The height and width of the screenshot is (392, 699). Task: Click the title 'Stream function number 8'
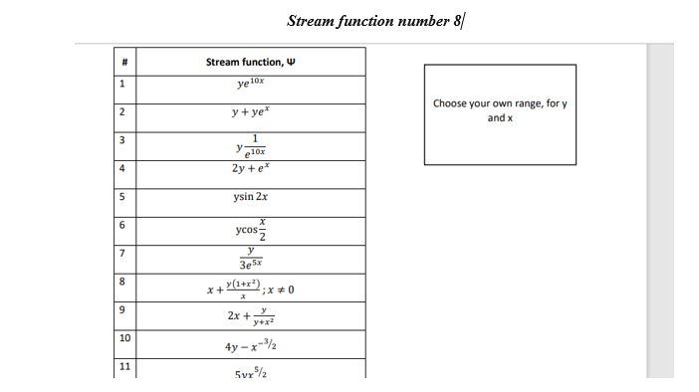[x=374, y=21]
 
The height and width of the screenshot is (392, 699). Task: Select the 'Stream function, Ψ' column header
[x=250, y=62]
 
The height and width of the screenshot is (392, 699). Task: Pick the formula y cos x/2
[x=250, y=228]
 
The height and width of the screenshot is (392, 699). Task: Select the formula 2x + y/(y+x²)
[x=250, y=315]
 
